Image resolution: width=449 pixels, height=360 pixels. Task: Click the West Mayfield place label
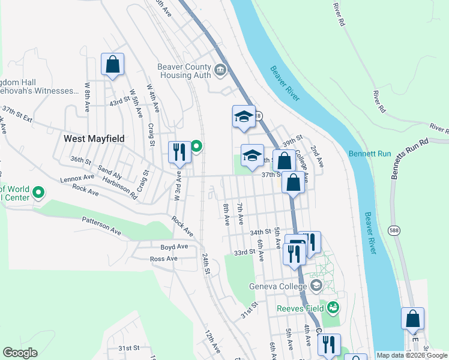(94, 139)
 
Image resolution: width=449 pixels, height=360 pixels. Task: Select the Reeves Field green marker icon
(333, 309)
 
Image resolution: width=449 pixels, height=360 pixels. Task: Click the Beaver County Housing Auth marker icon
(220, 71)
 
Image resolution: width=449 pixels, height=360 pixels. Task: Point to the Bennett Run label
(370, 154)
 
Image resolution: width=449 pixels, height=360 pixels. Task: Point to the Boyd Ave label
(174, 247)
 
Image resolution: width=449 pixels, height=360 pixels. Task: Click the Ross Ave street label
(164, 259)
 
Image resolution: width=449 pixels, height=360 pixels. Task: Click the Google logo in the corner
(20, 353)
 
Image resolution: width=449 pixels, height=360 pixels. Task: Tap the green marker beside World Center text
(39, 193)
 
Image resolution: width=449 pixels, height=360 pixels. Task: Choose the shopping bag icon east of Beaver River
(413, 319)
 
